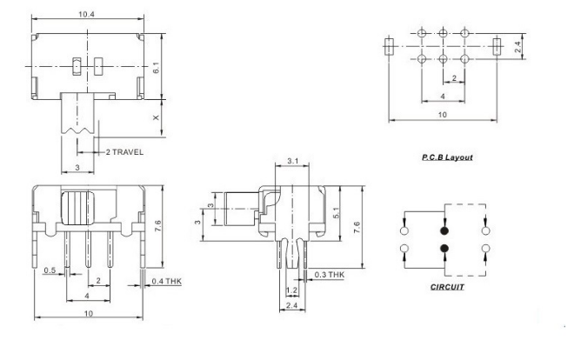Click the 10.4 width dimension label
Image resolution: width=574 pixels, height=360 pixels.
(86, 14)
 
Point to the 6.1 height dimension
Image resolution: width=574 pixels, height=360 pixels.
(156, 68)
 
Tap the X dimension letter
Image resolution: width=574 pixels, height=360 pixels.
(156, 117)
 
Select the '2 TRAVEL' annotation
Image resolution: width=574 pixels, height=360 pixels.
(124, 152)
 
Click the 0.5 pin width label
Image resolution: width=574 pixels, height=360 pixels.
(50, 270)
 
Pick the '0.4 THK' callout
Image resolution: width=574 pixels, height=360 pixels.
(167, 282)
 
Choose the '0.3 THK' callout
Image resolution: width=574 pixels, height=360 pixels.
(330, 275)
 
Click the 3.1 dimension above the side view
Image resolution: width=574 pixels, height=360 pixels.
(292, 161)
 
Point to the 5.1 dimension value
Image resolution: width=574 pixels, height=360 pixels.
(337, 213)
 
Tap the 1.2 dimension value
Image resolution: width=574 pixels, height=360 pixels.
(291, 290)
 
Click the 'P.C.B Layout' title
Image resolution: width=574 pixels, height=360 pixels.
(447, 157)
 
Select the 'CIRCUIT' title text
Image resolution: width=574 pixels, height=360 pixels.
(447, 287)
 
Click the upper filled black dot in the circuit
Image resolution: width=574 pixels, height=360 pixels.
(444, 230)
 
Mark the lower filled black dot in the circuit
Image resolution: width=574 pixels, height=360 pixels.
(444, 249)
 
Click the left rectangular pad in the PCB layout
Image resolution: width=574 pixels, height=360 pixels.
(389, 46)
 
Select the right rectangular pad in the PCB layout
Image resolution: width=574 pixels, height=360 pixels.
(497, 46)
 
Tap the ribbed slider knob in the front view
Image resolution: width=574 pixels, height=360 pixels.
(77, 208)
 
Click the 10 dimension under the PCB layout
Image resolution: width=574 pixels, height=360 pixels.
(443, 115)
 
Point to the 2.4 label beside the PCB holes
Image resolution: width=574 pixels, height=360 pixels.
(517, 47)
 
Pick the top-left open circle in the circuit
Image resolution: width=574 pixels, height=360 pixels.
(404, 230)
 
